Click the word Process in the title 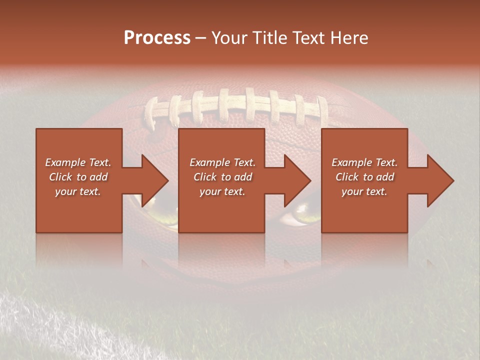tap(157, 38)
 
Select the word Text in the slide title tap(309, 38)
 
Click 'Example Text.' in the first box tap(78, 162)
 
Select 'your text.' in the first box tap(78, 191)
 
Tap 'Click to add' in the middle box tap(222, 177)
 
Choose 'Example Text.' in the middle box tap(222, 162)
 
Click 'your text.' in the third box tap(364, 191)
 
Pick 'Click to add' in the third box tap(364, 177)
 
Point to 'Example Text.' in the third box tap(364, 162)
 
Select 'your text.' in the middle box tap(222, 191)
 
